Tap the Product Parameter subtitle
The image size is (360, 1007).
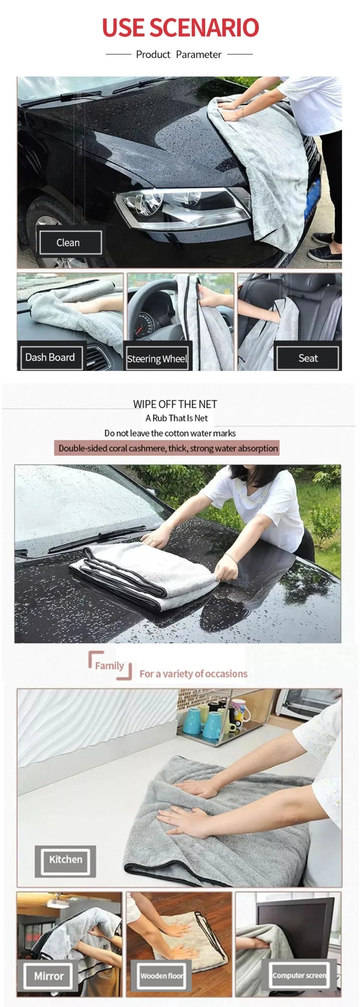pos(179,54)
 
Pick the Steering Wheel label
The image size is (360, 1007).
pos(157,358)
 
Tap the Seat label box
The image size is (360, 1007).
pos(308,358)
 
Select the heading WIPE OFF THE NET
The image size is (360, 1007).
pos(175,404)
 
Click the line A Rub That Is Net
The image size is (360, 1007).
pos(176,418)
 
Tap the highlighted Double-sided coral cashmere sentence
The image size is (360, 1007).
pos(168,448)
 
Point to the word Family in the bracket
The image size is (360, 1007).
pos(109,665)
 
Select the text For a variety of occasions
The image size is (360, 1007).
pos(193,673)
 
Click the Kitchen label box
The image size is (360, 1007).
pos(65,859)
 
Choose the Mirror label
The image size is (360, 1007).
pos(49,976)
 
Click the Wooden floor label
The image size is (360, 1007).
pos(161,976)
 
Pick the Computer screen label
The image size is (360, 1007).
pos(299,975)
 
